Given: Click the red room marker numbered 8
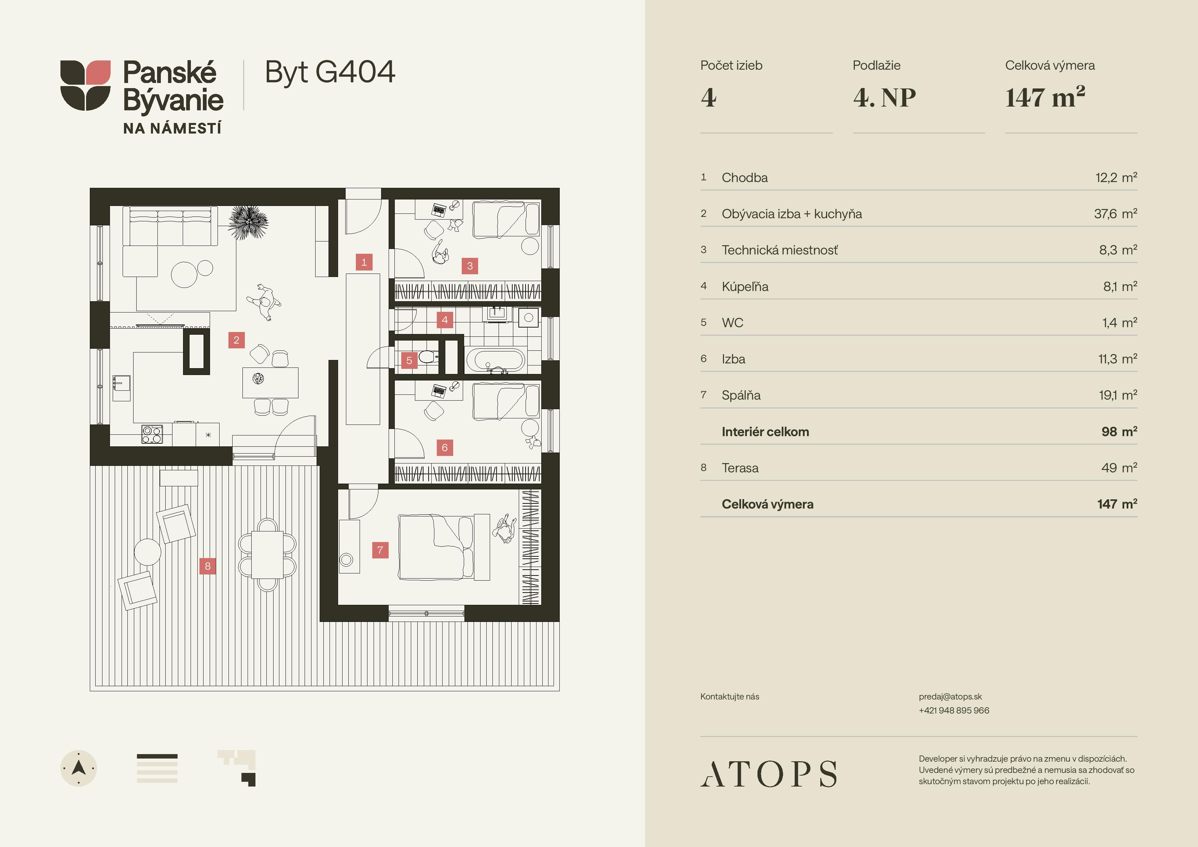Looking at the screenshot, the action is (x=208, y=566).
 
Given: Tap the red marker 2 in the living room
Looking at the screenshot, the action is (x=236, y=340).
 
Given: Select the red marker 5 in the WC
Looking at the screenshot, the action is (x=409, y=360).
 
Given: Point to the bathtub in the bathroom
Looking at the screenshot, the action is (x=495, y=360).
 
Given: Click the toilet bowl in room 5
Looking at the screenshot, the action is (x=427, y=357).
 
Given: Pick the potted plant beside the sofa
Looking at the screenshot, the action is (x=248, y=222).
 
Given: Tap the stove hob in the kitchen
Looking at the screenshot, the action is (x=152, y=434).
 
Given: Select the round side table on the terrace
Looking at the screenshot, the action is (x=148, y=552).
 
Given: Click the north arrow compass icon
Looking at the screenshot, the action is (x=79, y=768).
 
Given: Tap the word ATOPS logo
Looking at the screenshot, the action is (x=769, y=774).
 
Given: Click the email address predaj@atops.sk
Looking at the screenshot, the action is (x=950, y=697).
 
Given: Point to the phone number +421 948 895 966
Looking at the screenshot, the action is (x=954, y=710).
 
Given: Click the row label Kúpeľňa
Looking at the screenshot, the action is (x=745, y=287).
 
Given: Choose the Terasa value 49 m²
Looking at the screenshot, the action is (x=1119, y=468).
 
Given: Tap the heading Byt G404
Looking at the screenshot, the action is (x=330, y=72).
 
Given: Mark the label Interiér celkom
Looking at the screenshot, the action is (x=765, y=432).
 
